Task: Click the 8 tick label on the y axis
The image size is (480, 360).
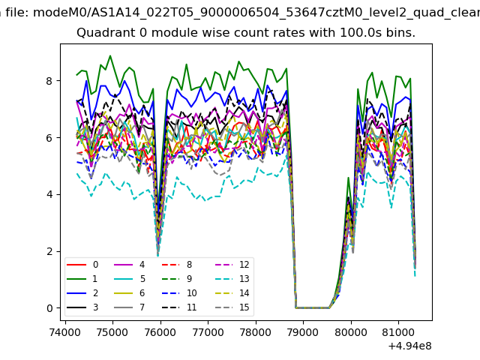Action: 51,81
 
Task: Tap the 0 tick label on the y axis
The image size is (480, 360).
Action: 51,308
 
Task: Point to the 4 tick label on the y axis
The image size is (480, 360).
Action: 51,195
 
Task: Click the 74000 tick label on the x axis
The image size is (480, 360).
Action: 65,331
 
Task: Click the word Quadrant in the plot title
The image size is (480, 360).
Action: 103,34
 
